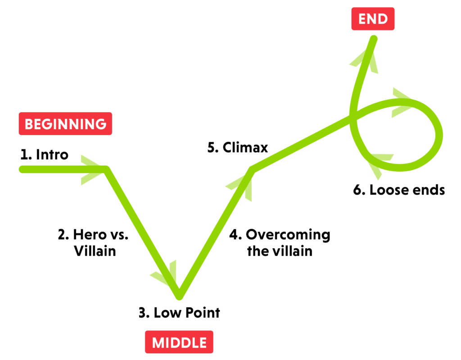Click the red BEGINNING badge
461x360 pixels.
[65, 123]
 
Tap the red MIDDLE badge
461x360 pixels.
[179, 342]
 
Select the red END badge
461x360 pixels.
[373, 19]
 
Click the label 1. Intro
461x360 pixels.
[44, 155]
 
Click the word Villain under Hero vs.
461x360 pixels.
[95, 251]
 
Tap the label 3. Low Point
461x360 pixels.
[179, 312]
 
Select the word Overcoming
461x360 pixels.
[288, 235]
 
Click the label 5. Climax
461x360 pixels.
[238, 148]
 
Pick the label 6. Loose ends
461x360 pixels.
[399, 190]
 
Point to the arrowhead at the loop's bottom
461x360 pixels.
[378, 161]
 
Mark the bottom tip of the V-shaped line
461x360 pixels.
[179, 296]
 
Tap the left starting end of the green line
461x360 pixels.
[22, 169]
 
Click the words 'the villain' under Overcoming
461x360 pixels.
[280, 251]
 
